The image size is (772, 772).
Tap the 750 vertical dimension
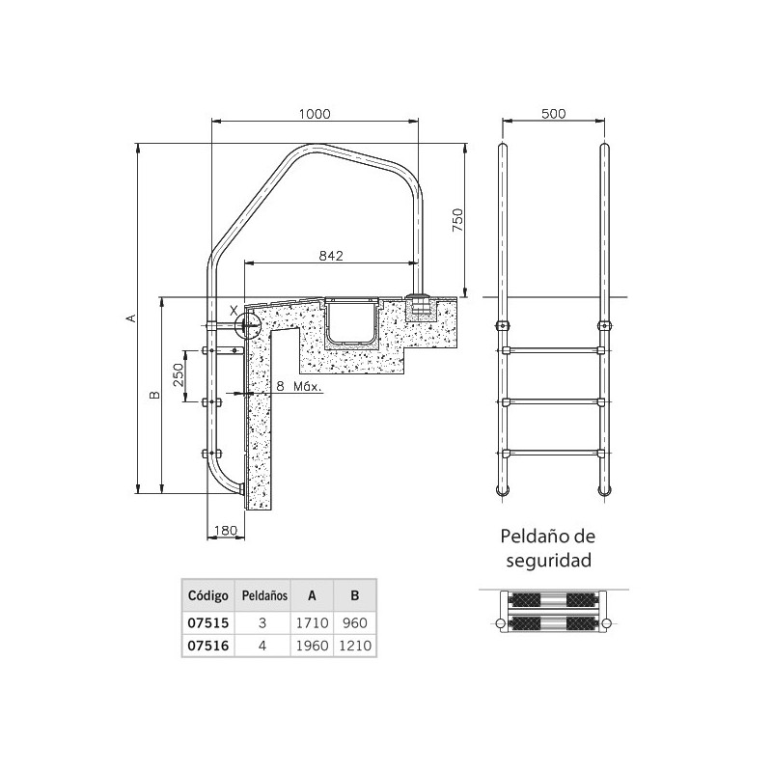tap(458, 220)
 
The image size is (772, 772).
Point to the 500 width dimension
tap(553, 113)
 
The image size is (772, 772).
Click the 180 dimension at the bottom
tap(224, 530)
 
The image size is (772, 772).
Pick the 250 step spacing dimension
tap(178, 375)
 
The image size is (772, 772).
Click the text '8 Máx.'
tap(297, 386)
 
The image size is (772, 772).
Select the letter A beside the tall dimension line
tap(130, 317)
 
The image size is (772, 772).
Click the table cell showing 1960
tap(311, 647)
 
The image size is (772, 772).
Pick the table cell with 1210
tap(354, 647)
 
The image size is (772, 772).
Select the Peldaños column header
tap(263, 595)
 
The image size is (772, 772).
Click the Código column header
tap(205, 595)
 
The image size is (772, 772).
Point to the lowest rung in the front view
tap(553, 451)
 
